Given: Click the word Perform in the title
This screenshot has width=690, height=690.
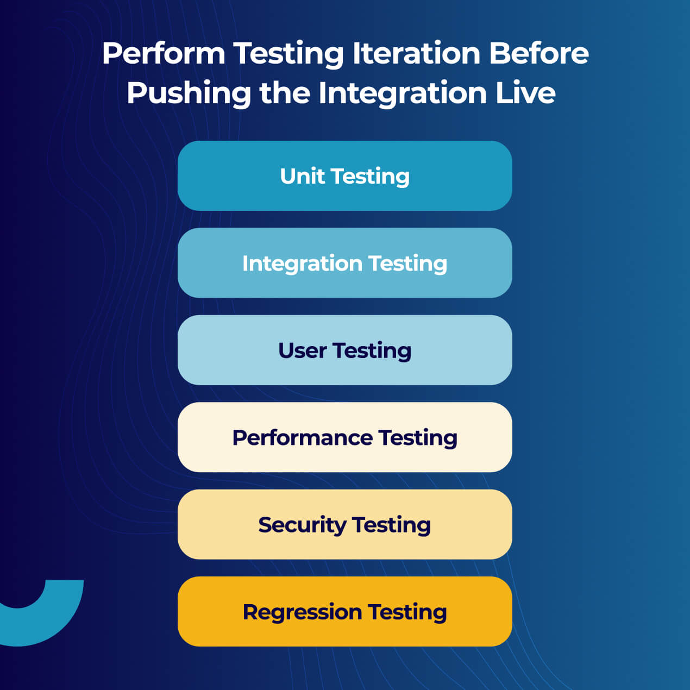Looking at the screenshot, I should (163, 54).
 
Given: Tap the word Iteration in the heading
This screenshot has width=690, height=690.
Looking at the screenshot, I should (416, 53).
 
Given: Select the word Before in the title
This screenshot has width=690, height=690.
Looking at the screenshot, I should (538, 53).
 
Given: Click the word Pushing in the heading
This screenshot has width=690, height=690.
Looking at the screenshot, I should (189, 93).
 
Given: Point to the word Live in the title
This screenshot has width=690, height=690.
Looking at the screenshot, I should (525, 92).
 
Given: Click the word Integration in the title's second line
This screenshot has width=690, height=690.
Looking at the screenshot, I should (403, 93).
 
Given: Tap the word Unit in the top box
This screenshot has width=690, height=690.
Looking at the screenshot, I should (302, 176).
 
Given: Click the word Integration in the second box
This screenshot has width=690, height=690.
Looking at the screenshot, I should (302, 264).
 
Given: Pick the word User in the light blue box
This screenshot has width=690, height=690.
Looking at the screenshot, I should (302, 350).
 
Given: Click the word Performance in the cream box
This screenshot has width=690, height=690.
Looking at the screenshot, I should (302, 438).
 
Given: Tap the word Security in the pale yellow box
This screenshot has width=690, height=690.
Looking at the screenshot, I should (302, 525).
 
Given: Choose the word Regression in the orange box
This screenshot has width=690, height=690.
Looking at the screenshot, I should (302, 612).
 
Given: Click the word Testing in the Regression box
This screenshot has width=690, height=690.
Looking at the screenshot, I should (407, 612).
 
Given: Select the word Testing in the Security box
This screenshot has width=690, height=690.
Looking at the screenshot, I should (392, 525).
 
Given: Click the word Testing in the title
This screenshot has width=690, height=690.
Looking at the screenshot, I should (288, 54).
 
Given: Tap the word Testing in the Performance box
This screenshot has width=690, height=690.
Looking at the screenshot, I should (418, 438).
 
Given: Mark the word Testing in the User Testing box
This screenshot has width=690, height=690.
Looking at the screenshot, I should (372, 351).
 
